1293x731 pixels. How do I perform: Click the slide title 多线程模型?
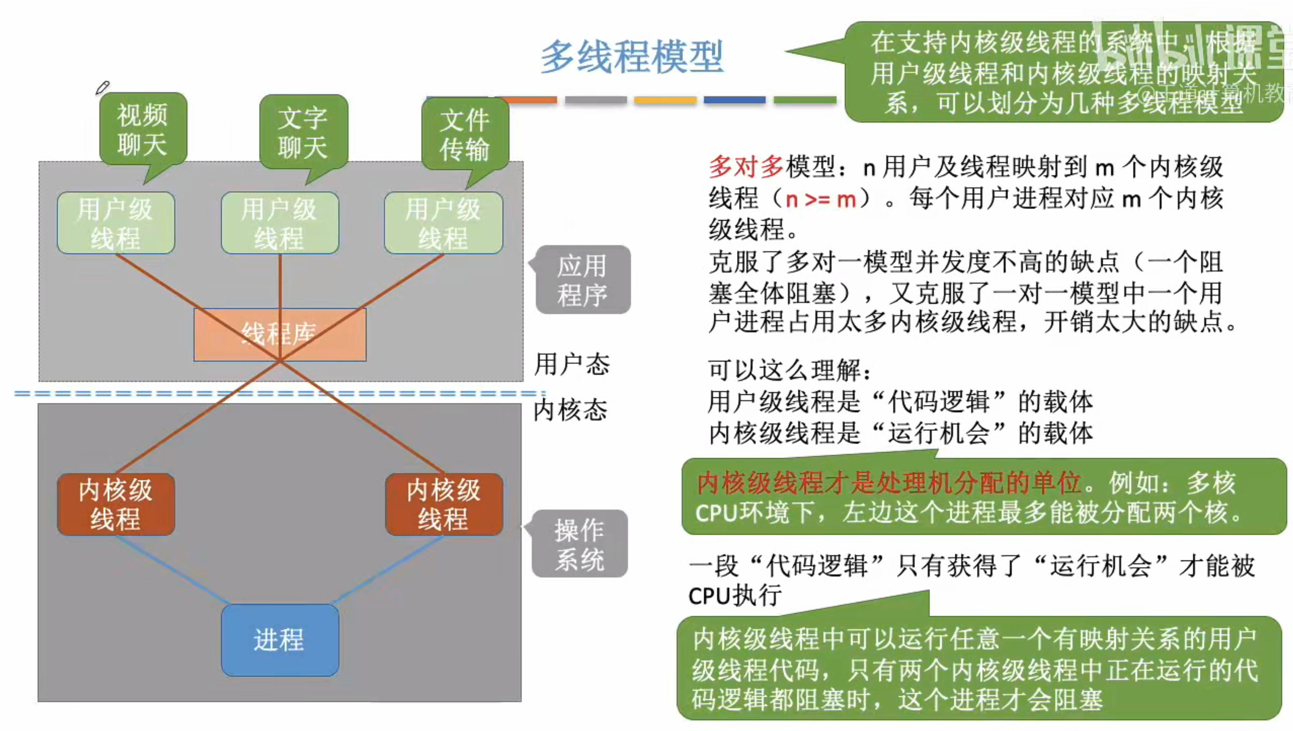pyautogui.click(x=631, y=56)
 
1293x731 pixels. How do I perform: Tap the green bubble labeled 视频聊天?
pyautogui.click(x=143, y=129)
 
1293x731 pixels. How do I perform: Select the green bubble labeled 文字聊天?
pyautogui.click(x=303, y=133)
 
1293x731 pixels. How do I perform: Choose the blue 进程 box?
pyautogui.click(x=279, y=640)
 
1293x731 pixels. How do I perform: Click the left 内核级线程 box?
pyautogui.click(x=116, y=504)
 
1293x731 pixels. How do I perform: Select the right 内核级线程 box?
pyautogui.click(x=444, y=504)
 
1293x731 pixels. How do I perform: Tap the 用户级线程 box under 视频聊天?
pyautogui.click(x=116, y=223)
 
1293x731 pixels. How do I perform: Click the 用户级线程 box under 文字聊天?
pyautogui.click(x=279, y=223)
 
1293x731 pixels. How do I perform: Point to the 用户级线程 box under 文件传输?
pyautogui.click(x=443, y=223)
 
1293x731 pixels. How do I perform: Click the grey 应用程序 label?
pyautogui.click(x=582, y=280)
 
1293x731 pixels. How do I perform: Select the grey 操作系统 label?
pyautogui.click(x=580, y=544)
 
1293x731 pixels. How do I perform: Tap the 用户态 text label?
pyautogui.click(x=572, y=364)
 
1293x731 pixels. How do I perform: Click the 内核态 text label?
pyautogui.click(x=570, y=410)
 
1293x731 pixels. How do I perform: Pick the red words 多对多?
pyautogui.click(x=746, y=167)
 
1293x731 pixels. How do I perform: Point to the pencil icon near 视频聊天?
pyautogui.click(x=102, y=88)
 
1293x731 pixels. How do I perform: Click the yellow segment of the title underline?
pyautogui.click(x=665, y=100)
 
